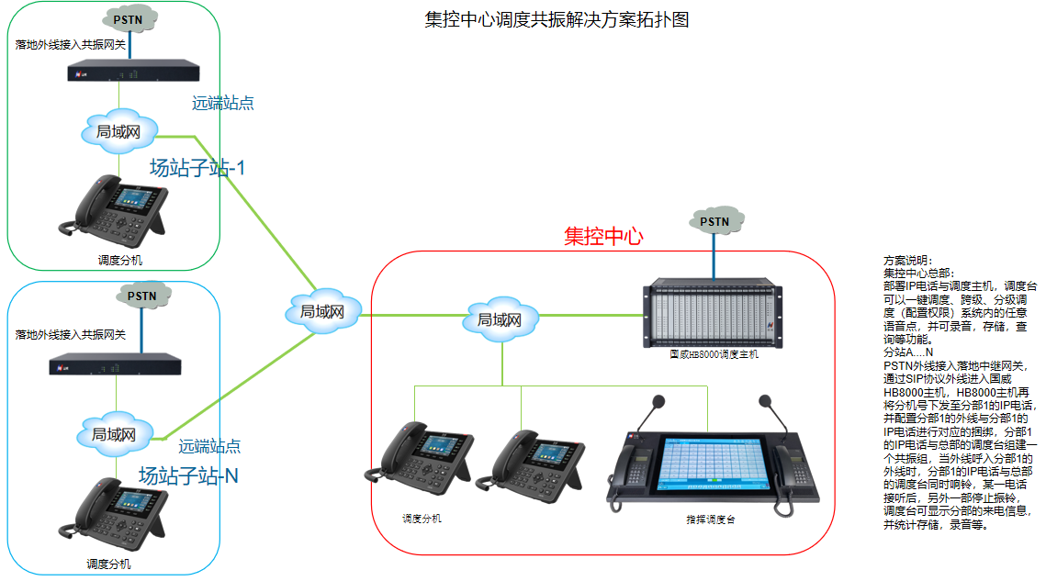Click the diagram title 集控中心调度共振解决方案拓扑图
(557, 20)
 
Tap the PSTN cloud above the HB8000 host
(714, 221)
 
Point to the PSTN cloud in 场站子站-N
(141, 296)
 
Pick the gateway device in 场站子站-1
(134, 71)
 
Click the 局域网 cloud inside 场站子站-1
(118, 131)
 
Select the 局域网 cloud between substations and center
(321, 312)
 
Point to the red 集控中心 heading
(603, 236)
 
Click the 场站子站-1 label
(197, 168)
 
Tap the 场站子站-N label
(188, 475)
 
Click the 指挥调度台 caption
(710, 520)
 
